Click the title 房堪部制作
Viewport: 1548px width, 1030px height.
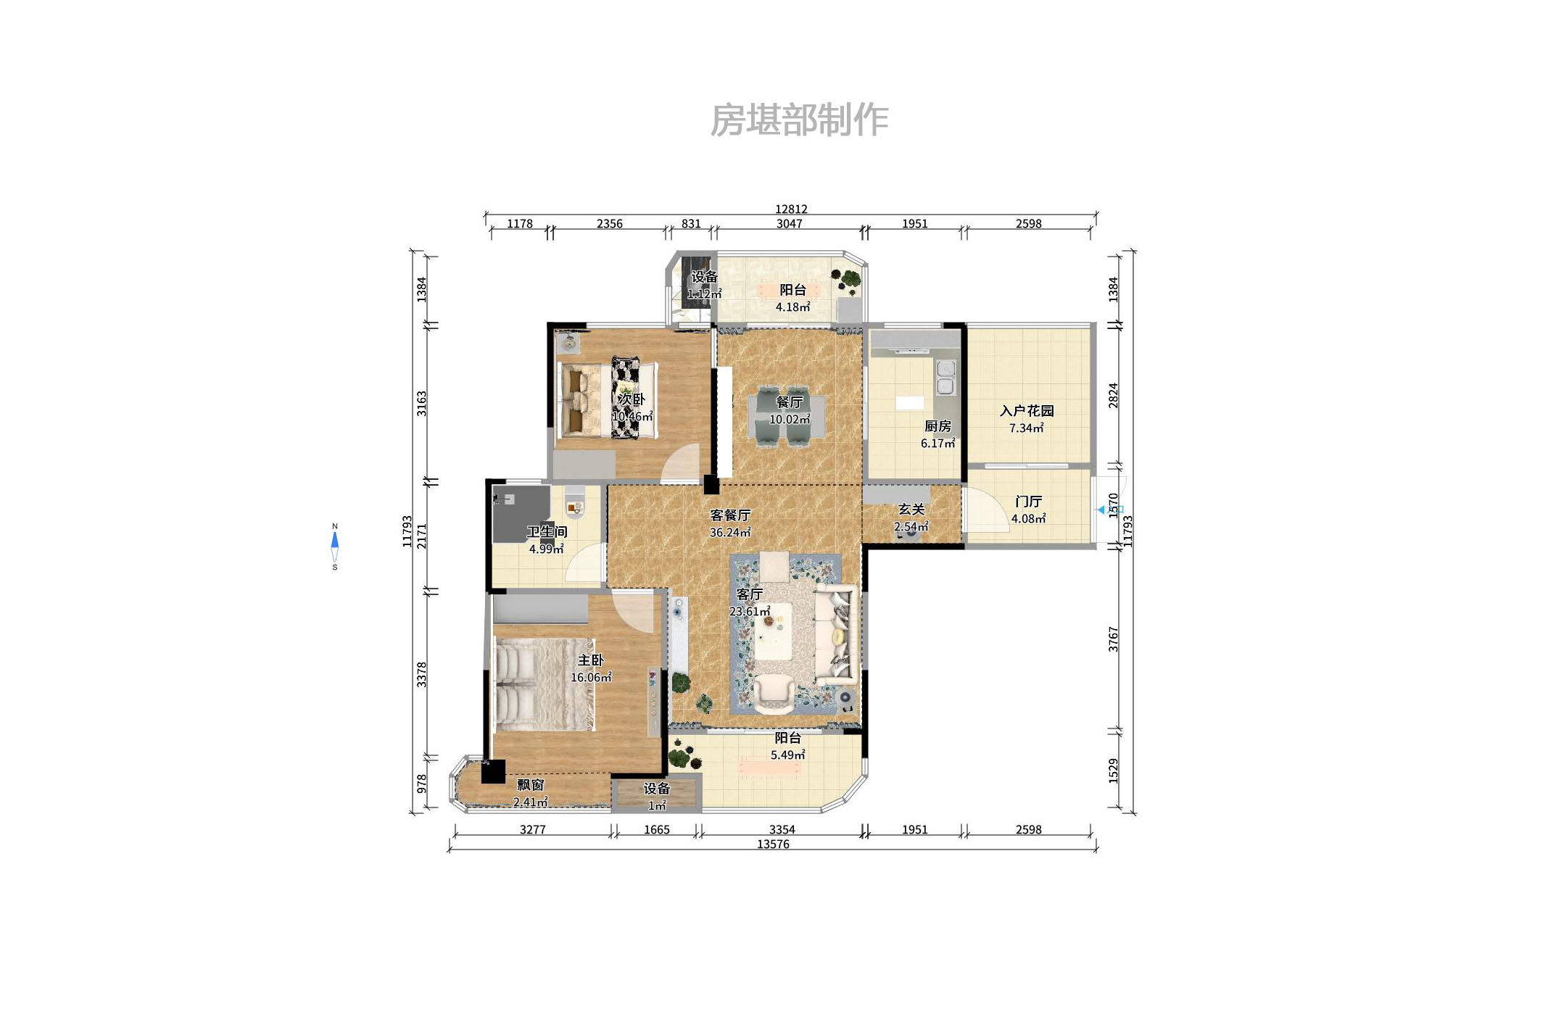coord(798,120)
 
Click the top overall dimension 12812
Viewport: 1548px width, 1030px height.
coord(790,209)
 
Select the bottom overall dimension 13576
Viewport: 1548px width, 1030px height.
coord(772,844)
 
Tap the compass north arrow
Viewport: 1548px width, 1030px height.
coord(334,540)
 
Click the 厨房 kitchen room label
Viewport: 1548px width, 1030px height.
coord(937,426)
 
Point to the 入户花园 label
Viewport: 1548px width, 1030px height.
coord(1026,411)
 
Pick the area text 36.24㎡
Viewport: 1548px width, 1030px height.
coord(729,532)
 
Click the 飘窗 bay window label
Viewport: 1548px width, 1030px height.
coord(530,785)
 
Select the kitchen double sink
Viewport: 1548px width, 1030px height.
coord(945,378)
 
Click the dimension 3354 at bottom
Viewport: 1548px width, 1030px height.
coord(782,829)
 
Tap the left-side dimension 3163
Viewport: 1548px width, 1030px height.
coord(421,403)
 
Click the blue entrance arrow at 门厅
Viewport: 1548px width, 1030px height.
coord(1101,510)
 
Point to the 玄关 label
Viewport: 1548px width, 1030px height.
coord(911,510)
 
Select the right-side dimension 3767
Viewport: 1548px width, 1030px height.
coord(1113,639)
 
